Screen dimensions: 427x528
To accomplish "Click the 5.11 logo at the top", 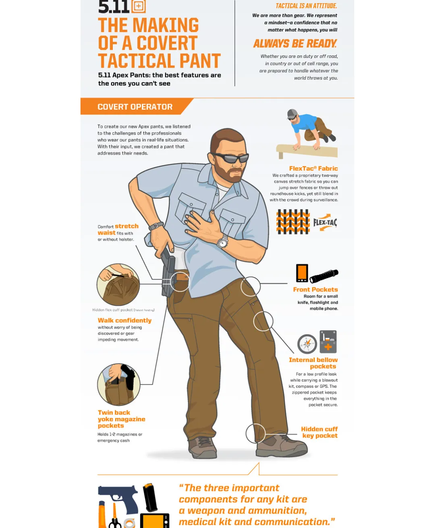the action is (x=122, y=6).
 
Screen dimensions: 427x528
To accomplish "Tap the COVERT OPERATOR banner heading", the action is (x=135, y=107).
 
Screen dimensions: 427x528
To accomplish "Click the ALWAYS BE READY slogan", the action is (x=295, y=43).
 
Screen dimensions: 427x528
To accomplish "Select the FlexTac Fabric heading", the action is (x=313, y=169).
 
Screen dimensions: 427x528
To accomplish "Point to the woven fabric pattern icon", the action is (x=293, y=222).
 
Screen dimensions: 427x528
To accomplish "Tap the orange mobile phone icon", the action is (x=302, y=273).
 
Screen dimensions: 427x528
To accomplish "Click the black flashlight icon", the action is (x=324, y=276).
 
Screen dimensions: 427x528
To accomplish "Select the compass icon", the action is (x=307, y=344).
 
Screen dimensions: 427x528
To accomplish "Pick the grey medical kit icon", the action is (x=328, y=342).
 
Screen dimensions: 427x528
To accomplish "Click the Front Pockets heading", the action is (x=315, y=290).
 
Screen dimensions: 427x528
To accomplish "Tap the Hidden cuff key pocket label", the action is (x=319, y=432).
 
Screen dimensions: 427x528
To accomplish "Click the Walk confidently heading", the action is (x=124, y=321).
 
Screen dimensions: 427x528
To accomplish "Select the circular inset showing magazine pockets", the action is (x=119, y=385).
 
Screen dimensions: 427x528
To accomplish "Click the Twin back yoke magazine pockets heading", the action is (x=122, y=419).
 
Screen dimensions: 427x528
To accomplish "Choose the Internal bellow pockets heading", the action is (x=313, y=363).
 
